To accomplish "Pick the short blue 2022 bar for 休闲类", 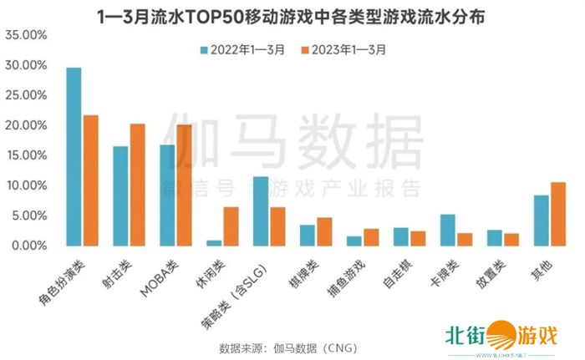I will (x=215, y=242).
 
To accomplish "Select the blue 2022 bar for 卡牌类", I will (x=448, y=231).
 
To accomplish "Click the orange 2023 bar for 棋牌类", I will (x=324, y=231).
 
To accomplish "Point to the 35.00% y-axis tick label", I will (x=25, y=35).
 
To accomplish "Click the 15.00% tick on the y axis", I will (x=25, y=155).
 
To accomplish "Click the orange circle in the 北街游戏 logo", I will (x=503, y=335).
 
